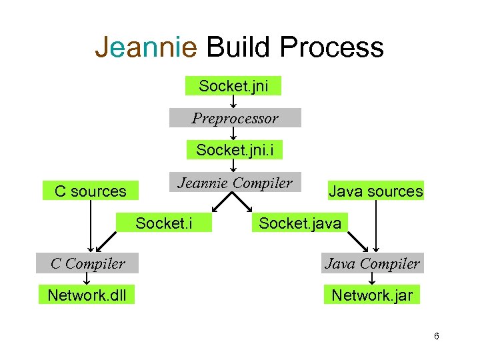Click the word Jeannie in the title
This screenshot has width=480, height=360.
[x=146, y=47]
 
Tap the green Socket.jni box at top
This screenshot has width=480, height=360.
[x=233, y=86]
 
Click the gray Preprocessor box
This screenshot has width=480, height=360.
[x=235, y=118]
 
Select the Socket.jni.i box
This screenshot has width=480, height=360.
[x=235, y=150]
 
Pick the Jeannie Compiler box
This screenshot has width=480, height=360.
[x=234, y=183]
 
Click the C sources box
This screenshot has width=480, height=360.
[x=91, y=191]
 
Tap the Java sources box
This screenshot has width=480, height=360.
[x=375, y=191]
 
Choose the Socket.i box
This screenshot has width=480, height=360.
[x=164, y=223]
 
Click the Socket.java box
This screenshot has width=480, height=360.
[x=299, y=223]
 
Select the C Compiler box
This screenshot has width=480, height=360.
[x=88, y=263]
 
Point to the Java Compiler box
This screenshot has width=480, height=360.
[x=372, y=263]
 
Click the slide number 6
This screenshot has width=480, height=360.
[x=436, y=337]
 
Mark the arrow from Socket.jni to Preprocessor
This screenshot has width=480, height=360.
[x=234, y=101]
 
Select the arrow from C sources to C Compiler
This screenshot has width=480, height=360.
[x=91, y=227]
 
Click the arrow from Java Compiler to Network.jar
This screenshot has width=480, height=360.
[x=372, y=279]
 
